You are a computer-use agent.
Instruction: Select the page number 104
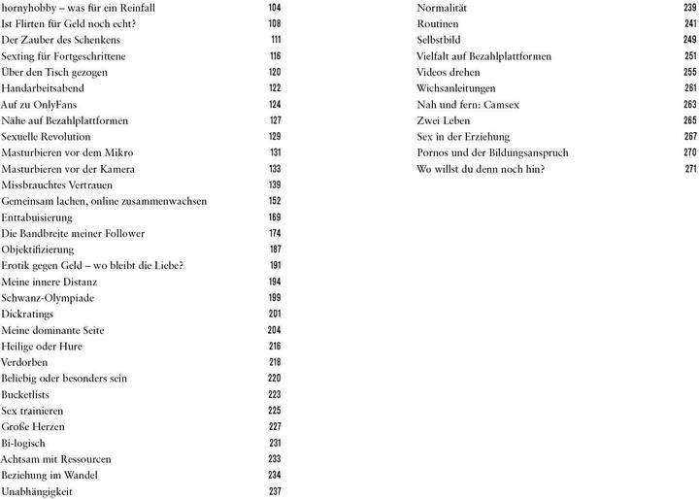tap(274, 7)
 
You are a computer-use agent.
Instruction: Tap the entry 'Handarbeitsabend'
tap(44, 87)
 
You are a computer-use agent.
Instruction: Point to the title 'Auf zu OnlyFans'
tap(39, 104)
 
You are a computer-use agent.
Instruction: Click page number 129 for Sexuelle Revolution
tap(274, 137)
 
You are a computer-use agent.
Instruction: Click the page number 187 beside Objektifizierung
tap(274, 249)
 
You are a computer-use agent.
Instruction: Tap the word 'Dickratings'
tap(27, 314)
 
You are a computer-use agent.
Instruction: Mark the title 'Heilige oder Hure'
tap(42, 346)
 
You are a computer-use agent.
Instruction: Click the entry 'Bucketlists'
tap(26, 394)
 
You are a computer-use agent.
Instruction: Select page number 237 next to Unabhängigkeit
tap(274, 491)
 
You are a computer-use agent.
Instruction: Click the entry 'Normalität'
tap(443, 7)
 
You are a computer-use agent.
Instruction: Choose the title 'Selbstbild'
tap(439, 40)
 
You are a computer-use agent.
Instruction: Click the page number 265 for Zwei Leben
tap(689, 120)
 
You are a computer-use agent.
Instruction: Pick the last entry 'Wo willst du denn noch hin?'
tap(481, 169)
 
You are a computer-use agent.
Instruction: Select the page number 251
tap(689, 56)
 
